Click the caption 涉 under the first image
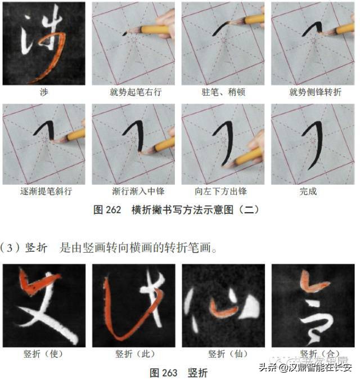tap(44, 92)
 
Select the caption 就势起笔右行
tap(135, 92)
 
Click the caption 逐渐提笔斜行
tap(44, 191)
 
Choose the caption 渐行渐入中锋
tap(135, 191)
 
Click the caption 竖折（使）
tap(44, 354)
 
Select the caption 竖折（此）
tap(135, 354)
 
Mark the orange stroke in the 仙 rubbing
tap(222, 307)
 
